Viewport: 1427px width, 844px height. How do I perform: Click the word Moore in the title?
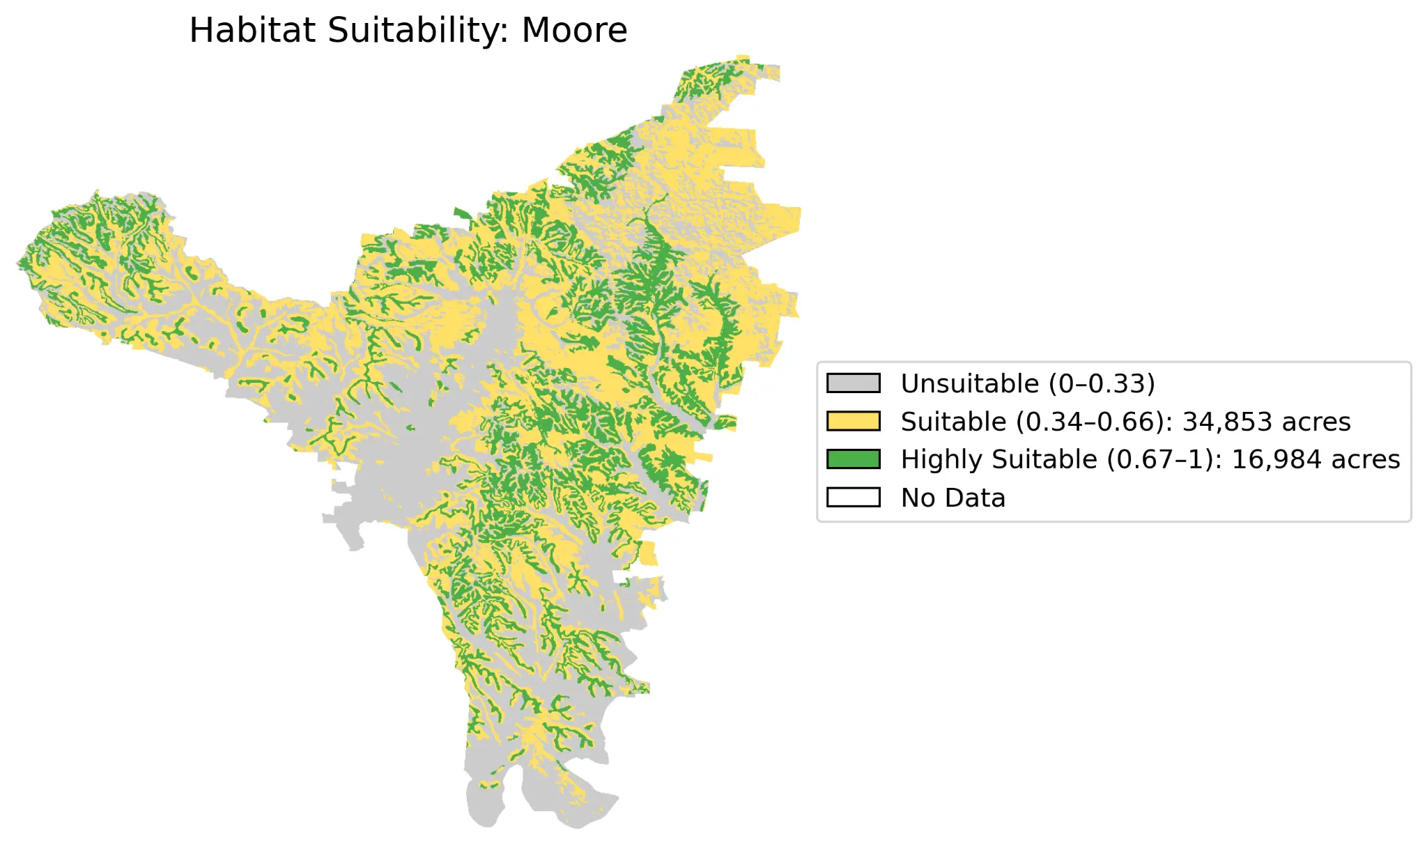pyautogui.click(x=574, y=31)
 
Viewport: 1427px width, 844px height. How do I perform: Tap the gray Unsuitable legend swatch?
pyautogui.click(x=853, y=383)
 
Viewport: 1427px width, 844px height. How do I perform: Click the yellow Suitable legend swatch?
pyautogui.click(x=853, y=422)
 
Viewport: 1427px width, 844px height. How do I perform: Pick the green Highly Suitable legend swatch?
pyautogui.click(x=853, y=459)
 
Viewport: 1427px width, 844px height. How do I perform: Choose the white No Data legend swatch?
pyautogui.click(x=853, y=498)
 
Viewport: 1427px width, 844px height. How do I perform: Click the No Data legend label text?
pyautogui.click(x=952, y=498)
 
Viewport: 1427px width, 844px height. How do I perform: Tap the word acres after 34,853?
pyautogui.click(x=1316, y=422)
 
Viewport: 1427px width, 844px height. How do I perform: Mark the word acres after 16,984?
pyautogui.click(x=1365, y=459)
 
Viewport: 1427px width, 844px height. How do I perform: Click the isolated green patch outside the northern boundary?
pyautogui.click(x=462, y=213)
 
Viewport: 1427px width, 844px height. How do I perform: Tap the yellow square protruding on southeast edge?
pyautogui.click(x=648, y=553)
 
